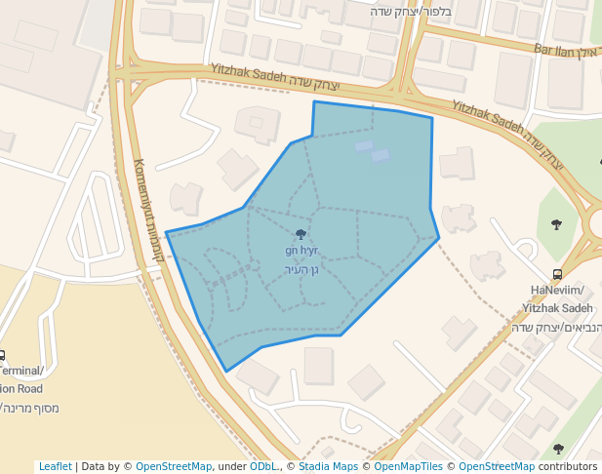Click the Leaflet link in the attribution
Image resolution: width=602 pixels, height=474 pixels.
[55, 467]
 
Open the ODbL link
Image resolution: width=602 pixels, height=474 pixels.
[262, 467]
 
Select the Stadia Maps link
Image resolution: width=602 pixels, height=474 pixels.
[329, 467]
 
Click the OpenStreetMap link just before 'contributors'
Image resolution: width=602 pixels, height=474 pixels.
[496, 467]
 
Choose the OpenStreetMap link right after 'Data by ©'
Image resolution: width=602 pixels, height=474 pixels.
[174, 467]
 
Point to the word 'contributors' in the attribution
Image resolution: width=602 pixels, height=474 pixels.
[568, 467]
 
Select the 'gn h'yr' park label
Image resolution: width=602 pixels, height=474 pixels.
[301, 252]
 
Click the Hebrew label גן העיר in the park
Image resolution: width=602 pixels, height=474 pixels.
[301, 269]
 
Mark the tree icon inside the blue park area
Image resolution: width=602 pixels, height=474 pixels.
[300, 234]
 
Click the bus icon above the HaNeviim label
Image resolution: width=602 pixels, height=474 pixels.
[557, 274]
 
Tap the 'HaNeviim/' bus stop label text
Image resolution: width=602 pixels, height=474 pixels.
[557, 291]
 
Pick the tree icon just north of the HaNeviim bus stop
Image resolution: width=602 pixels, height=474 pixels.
[556, 224]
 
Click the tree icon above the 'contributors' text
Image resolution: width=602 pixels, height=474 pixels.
[557, 449]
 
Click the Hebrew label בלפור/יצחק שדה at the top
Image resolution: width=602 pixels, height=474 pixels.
[408, 12]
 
